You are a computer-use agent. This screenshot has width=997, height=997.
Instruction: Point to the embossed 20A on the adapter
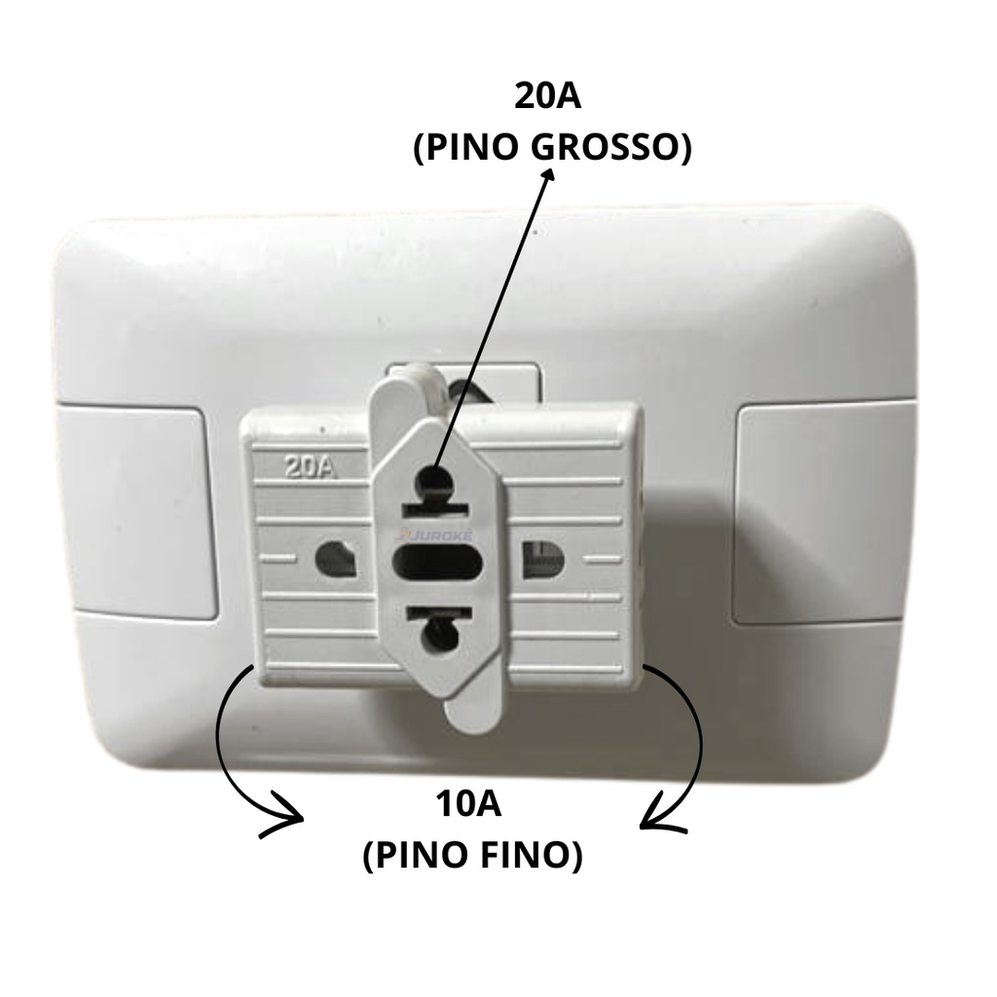tap(311, 466)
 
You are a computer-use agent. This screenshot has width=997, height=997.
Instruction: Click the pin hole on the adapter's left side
tap(335, 558)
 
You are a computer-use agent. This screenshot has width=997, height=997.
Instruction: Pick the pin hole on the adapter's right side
tap(541, 558)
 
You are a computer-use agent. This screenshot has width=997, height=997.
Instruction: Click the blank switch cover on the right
tap(826, 513)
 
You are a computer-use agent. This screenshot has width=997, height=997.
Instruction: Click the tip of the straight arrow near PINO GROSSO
tap(550, 172)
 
